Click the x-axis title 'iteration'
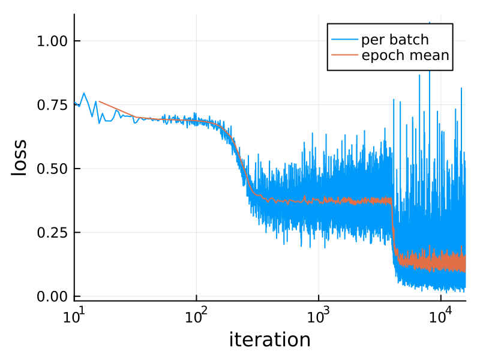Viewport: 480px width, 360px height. (x=269, y=340)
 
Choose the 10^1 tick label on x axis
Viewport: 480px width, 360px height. (x=74, y=316)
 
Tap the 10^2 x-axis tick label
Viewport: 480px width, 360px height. (x=196, y=316)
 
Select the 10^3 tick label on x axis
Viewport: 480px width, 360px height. (x=319, y=316)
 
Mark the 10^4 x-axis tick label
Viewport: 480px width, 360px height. (x=441, y=316)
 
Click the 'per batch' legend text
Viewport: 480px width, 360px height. (x=394, y=40)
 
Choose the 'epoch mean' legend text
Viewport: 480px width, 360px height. (x=404, y=56)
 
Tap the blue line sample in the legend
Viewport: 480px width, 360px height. (x=344, y=40)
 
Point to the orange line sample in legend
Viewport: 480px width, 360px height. (x=344, y=56)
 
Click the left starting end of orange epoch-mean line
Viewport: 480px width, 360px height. (x=98, y=102)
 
